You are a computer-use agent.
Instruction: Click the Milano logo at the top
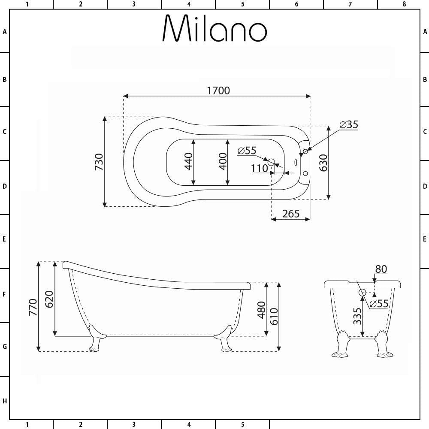click(215, 28)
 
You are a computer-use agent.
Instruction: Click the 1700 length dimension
click(218, 91)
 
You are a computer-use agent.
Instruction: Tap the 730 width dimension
click(99, 162)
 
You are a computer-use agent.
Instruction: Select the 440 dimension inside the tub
click(188, 161)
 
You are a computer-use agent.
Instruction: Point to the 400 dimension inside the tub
click(223, 161)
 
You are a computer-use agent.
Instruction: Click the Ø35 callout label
click(349, 124)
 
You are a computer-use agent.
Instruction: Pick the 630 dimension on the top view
click(323, 163)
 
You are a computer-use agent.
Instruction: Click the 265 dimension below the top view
click(291, 214)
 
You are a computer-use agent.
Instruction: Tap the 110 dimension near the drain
click(260, 168)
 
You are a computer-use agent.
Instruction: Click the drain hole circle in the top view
click(271, 163)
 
